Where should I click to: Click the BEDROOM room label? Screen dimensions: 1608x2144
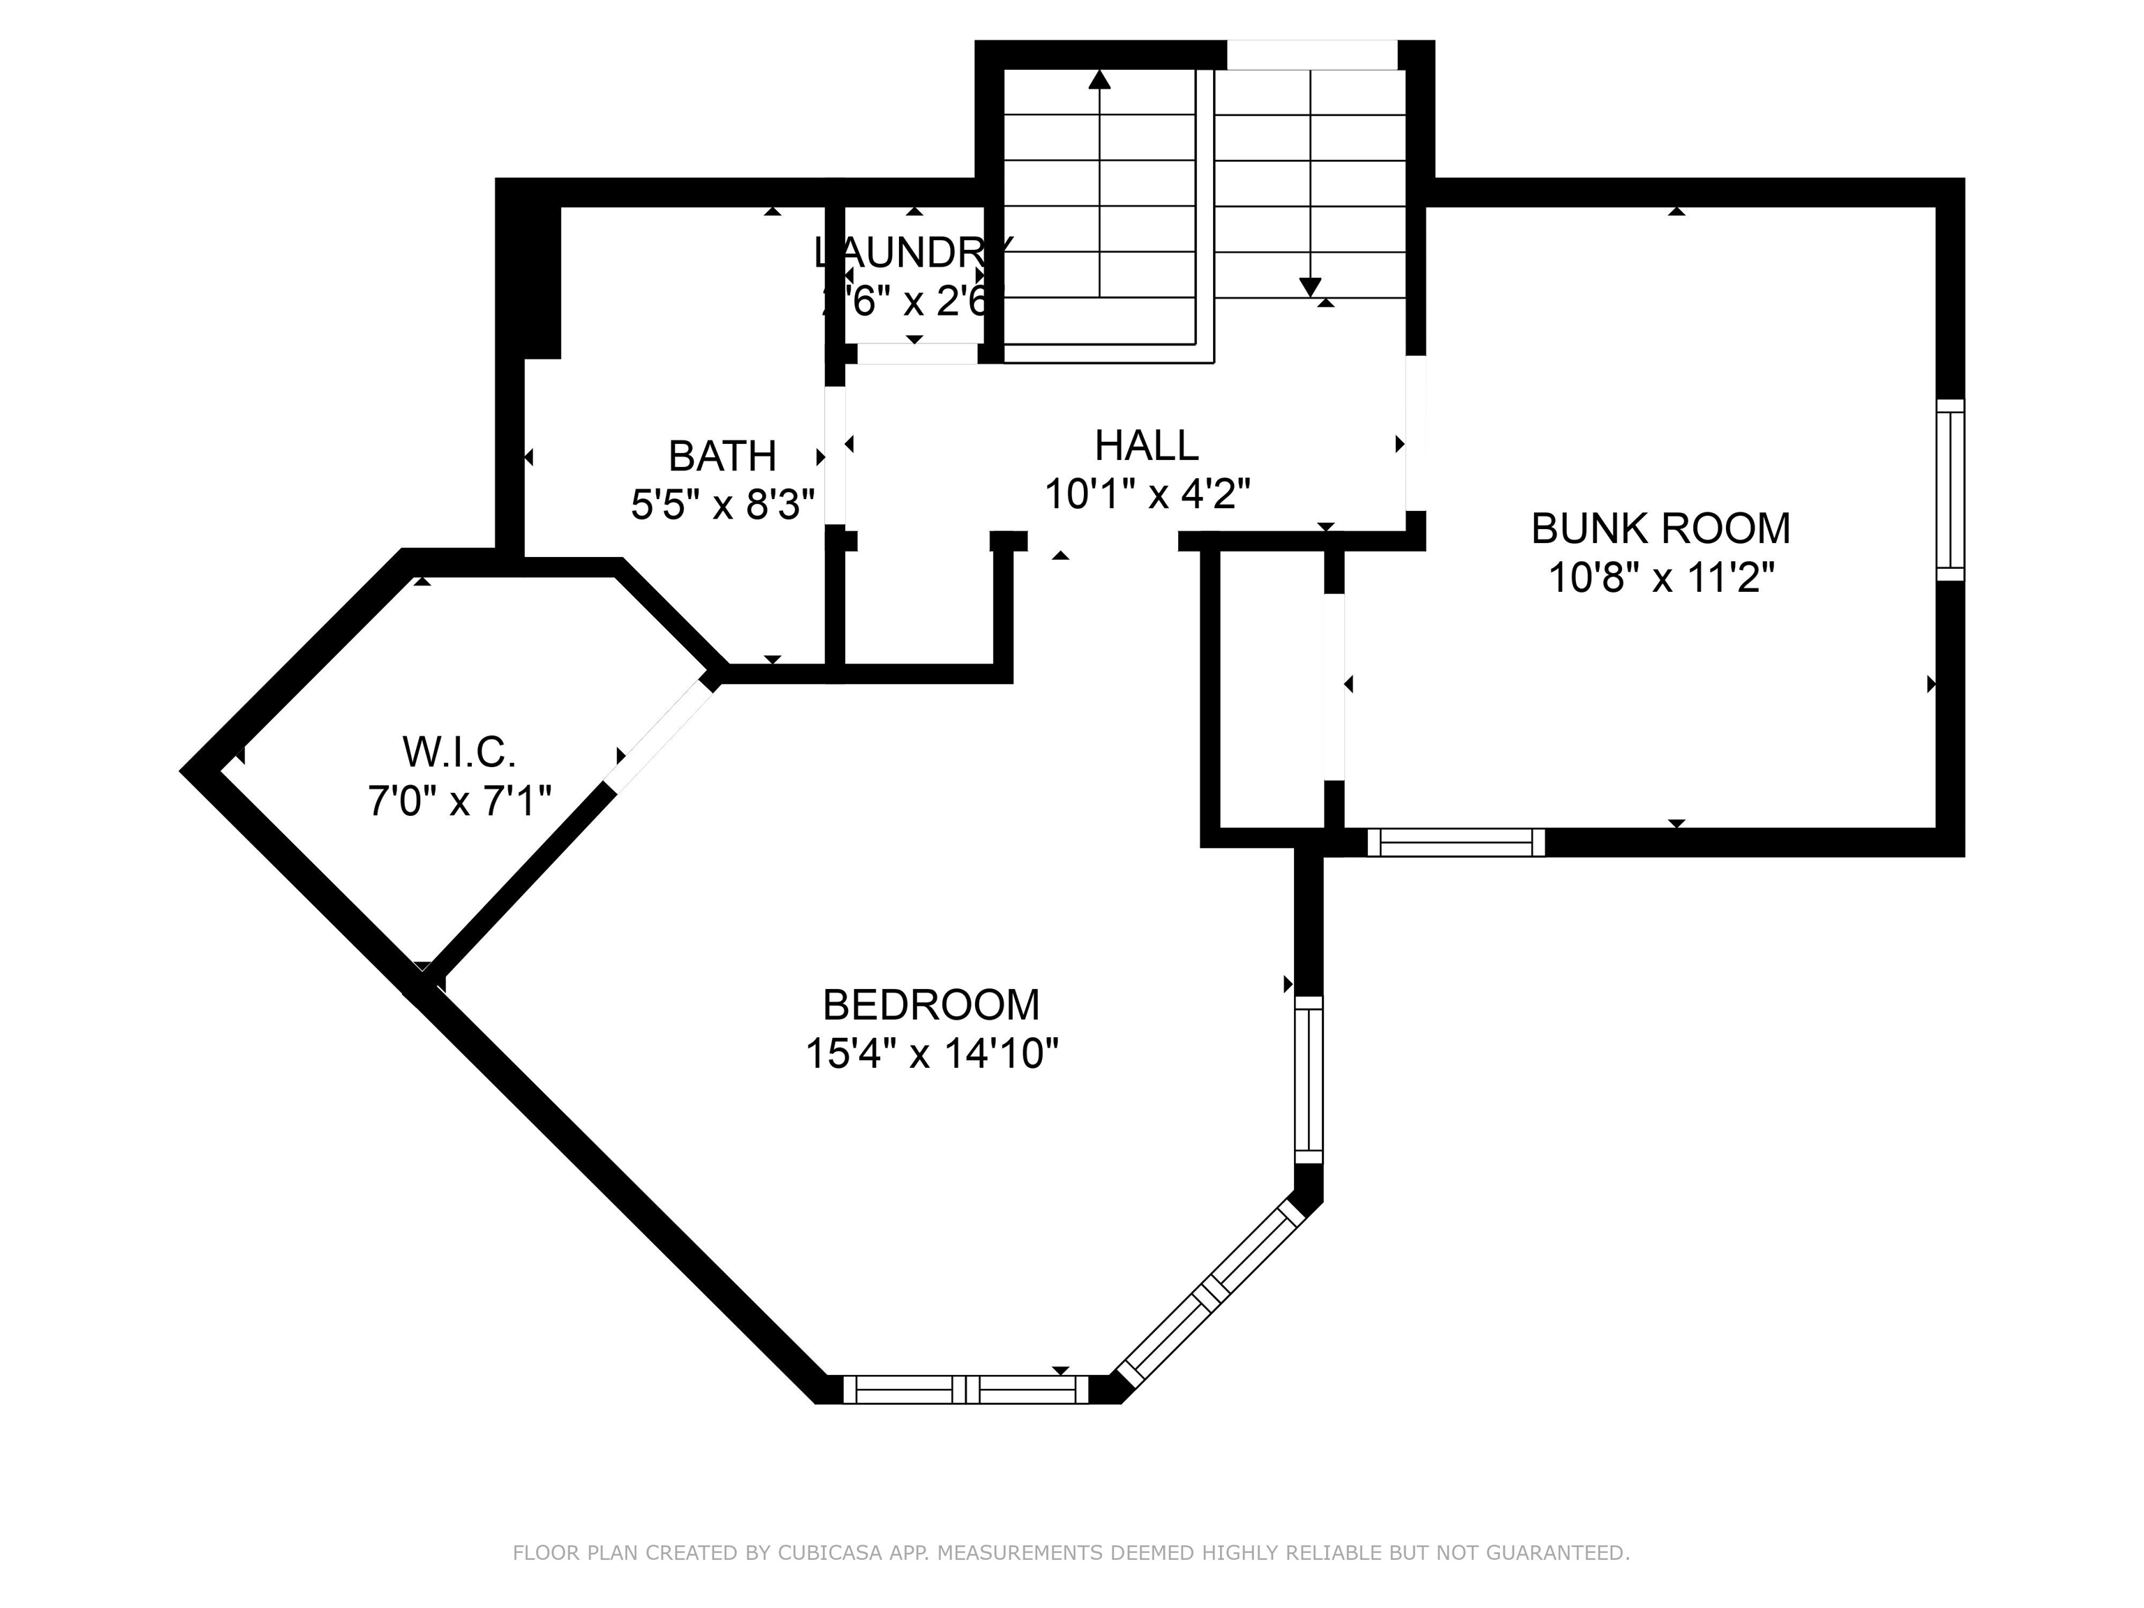click(x=930, y=1005)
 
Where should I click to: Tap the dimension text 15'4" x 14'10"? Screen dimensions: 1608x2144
click(x=930, y=1054)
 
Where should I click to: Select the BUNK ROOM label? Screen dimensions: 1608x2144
click(x=1660, y=529)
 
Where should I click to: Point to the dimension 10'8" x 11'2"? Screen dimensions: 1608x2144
click(x=1660, y=579)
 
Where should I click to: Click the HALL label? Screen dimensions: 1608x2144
click(x=1147, y=446)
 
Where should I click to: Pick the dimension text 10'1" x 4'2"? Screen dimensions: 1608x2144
click(x=1147, y=494)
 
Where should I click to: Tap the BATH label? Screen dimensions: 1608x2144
click(x=722, y=456)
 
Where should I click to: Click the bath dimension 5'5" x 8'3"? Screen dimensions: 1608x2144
click(x=722, y=504)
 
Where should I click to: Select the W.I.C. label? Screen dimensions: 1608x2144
click(x=459, y=752)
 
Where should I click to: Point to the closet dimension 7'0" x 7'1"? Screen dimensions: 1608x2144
click(x=459, y=802)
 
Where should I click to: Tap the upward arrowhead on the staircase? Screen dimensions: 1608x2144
click(x=1099, y=80)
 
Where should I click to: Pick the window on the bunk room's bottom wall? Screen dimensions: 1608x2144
click(x=1455, y=842)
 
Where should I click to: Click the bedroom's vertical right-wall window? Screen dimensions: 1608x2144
click(x=1309, y=1080)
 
